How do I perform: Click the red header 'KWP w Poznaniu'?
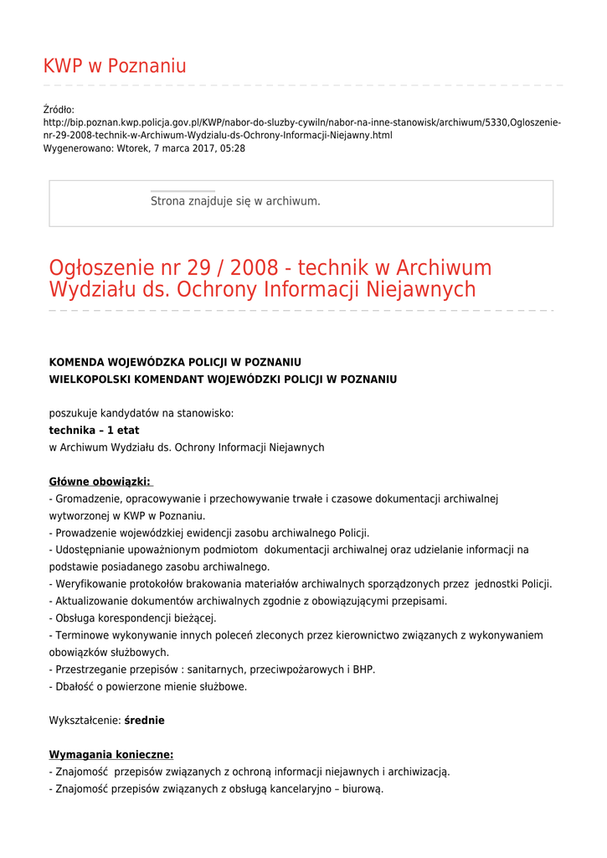[x=115, y=66]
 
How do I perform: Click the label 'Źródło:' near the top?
[x=59, y=109]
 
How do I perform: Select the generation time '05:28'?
[x=232, y=148]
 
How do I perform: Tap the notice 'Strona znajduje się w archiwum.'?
[x=235, y=201]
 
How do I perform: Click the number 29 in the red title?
[x=198, y=269]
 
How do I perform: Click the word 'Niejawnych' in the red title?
[x=421, y=290]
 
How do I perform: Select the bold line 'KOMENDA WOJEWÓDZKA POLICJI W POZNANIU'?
[x=175, y=362]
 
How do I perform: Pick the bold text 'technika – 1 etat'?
[x=94, y=431]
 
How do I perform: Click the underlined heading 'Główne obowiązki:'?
[x=100, y=482]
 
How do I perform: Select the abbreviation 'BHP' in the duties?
[x=363, y=669]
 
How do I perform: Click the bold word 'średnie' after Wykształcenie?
[x=144, y=721]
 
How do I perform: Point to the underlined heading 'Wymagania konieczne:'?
[x=111, y=755]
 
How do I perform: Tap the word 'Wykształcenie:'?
[x=85, y=721]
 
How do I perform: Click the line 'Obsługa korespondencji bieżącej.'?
[x=133, y=618]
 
